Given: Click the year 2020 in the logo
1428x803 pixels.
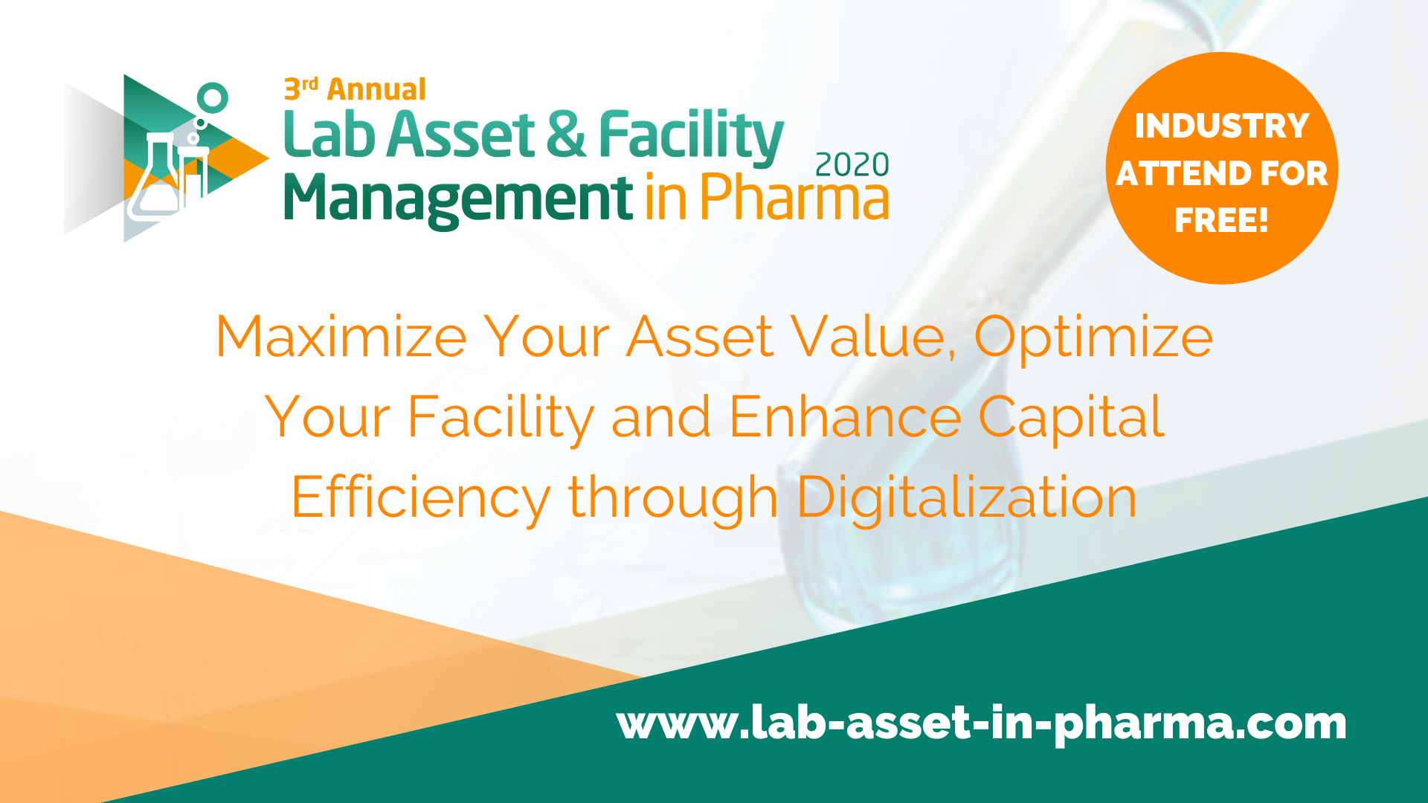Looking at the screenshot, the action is point(852,164).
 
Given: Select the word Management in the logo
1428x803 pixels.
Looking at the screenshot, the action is point(458,199).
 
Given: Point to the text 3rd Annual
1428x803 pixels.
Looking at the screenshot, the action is point(355,89).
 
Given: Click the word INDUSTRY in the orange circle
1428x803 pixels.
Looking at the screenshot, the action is point(1221,126).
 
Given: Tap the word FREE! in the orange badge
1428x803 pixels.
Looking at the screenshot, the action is point(1221,220).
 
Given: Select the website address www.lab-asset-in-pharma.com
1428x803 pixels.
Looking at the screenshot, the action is point(982,723).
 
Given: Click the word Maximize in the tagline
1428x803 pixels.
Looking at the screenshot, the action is point(341,337).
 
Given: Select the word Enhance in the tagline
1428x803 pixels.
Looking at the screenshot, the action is point(846,417).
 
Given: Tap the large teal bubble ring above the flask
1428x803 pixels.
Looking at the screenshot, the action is point(213,98).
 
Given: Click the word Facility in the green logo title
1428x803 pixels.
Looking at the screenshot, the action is point(691,138).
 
